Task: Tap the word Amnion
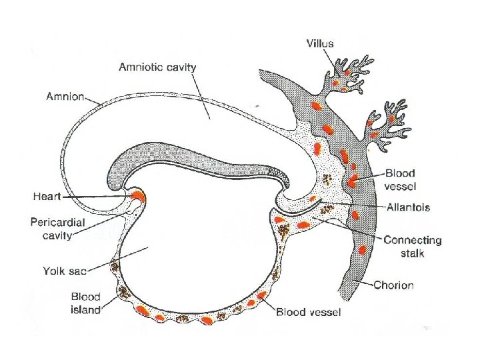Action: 65,96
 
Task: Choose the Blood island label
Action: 85,303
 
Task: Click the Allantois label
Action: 409,207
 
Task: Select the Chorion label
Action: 393,285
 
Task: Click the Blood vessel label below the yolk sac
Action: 309,311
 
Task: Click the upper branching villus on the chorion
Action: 347,73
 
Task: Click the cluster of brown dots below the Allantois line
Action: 327,209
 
